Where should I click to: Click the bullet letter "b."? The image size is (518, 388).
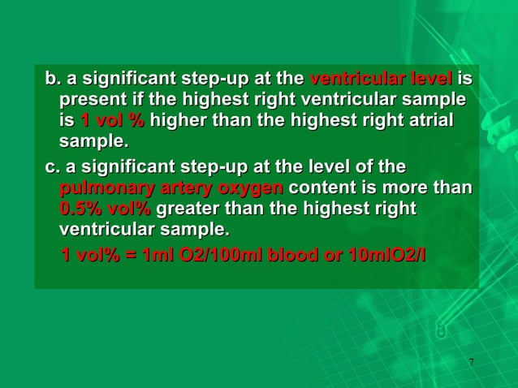tap(54, 80)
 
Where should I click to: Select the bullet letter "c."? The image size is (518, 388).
tap(54, 168)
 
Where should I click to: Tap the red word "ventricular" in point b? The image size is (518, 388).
tap(350, 80)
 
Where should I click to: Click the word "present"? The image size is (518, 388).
tap(88, 101)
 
